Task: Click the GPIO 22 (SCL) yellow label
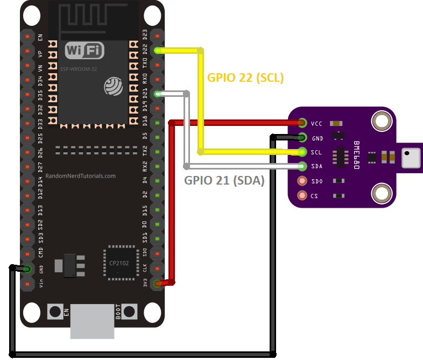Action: click(245, 77)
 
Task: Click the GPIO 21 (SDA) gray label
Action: click(224, 181)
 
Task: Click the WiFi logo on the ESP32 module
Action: click(84, 51)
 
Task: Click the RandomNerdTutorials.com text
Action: click(81, 176)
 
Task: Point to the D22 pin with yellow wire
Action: click(157, 51)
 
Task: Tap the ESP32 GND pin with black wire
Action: click(26, 269)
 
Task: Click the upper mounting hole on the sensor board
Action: click(382, 121)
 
